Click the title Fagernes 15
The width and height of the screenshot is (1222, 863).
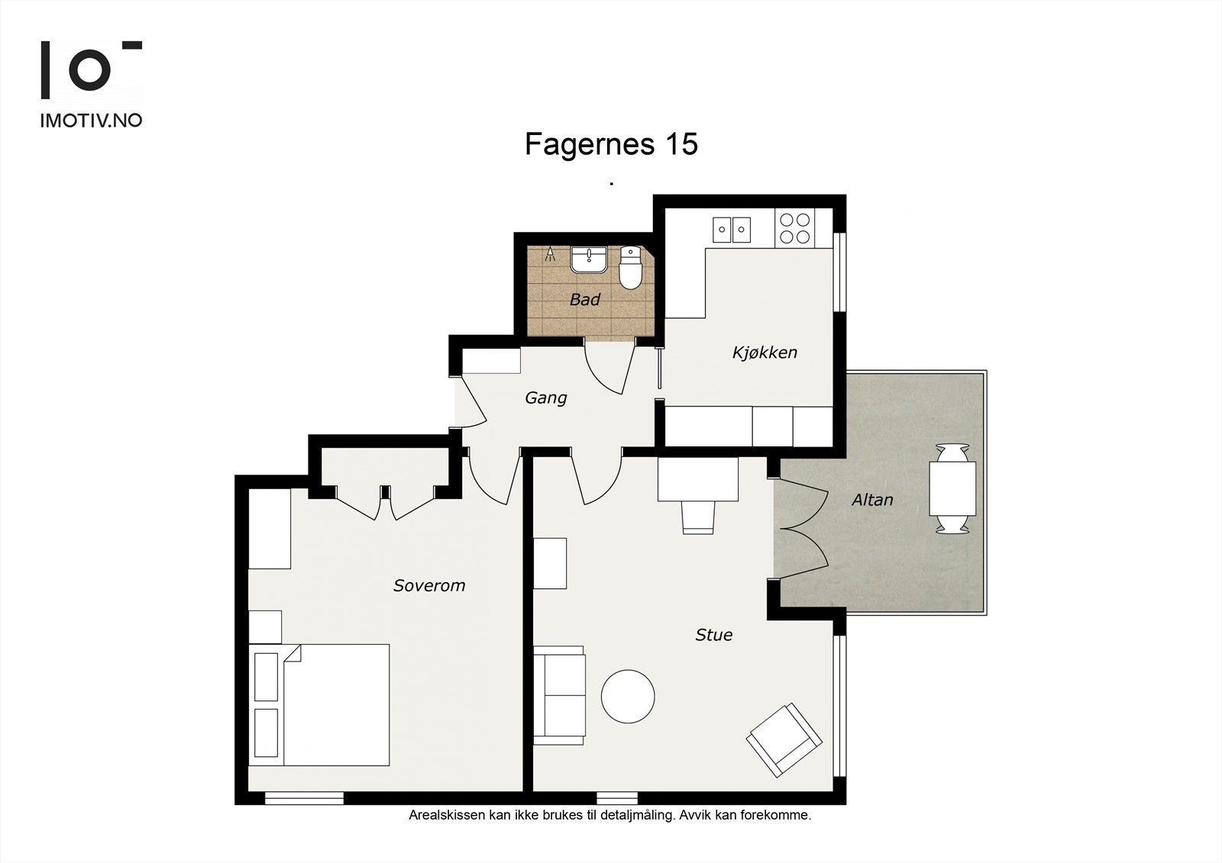tap(611, 144)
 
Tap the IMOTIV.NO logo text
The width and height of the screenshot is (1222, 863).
tap(91, 121)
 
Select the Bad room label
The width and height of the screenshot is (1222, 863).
tap(585, 299)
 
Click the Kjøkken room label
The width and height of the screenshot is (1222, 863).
tap(765, 353)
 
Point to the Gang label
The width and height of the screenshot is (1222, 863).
tap(545, 398)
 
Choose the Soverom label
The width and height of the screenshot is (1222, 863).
tap(429, 585)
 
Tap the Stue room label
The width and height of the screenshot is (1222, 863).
tap(713, 635)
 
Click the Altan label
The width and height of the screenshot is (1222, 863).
tap(872, 500)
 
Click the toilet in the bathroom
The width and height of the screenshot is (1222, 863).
tap(631, 268)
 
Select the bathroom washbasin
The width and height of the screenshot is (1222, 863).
tap(589, 259)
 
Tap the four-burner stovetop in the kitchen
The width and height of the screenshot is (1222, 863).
tap(795, 228)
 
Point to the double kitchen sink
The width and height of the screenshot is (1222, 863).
tap(732, 230)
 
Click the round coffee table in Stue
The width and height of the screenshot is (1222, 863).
tap(628, 696)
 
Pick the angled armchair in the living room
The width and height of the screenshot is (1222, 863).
tap(784, 739)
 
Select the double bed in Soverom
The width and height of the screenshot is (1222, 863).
tap(319, 705)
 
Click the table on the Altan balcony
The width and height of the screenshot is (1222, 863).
tap(952, 488)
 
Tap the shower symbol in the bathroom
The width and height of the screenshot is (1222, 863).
tap(551, 254)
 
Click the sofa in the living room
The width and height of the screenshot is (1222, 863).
tap(559, 696)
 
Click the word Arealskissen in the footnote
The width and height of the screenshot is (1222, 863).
tap(447, 815)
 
